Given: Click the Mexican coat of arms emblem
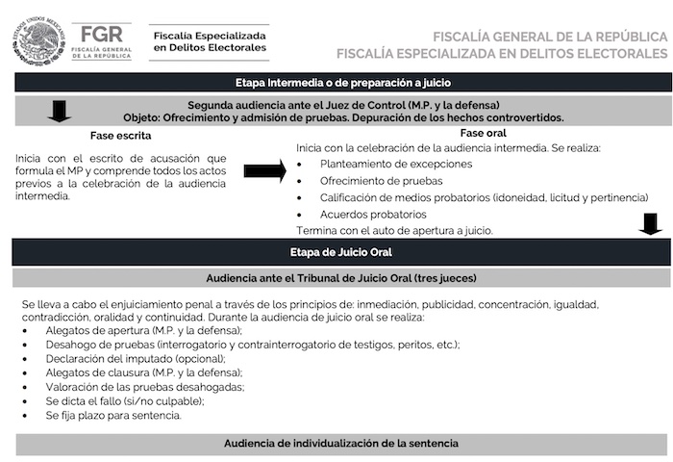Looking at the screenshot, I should point(38,40).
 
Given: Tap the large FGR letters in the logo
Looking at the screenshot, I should point(103,33).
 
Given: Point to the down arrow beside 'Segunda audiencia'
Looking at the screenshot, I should point(60,111).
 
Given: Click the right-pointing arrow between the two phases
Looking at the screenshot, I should point(264,171).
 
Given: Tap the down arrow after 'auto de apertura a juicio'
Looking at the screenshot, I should point(651,225).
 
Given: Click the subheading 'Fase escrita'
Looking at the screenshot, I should point(120,136).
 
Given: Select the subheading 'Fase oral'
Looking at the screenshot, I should point(483,132).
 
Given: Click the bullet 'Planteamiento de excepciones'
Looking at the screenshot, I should point(396,164).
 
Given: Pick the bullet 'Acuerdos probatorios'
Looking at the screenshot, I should point(373,214).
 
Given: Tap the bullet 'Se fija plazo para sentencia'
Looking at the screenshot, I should point(112,416).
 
